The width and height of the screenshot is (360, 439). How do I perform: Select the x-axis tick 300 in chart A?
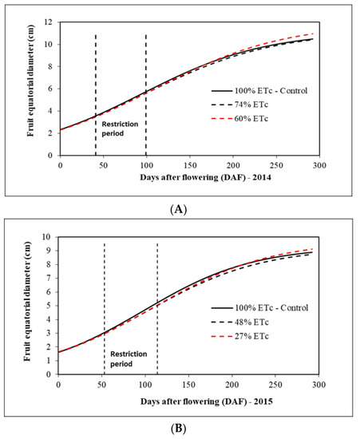318,164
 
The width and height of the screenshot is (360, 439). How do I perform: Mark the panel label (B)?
179,426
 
